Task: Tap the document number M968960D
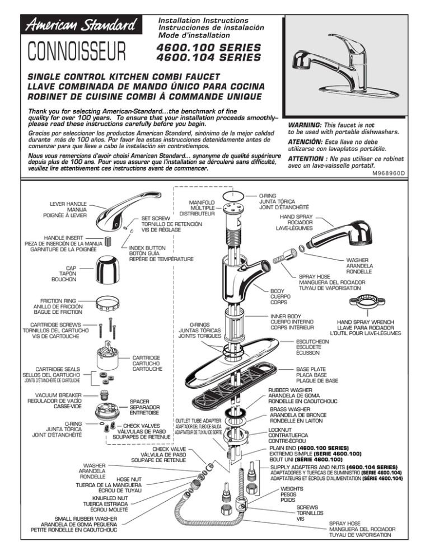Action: click(x=404, y=181)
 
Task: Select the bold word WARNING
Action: click(x=303, y=126)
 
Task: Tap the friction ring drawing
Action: click(x=113, y=305)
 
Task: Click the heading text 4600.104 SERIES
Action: click(x=209, y=57)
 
